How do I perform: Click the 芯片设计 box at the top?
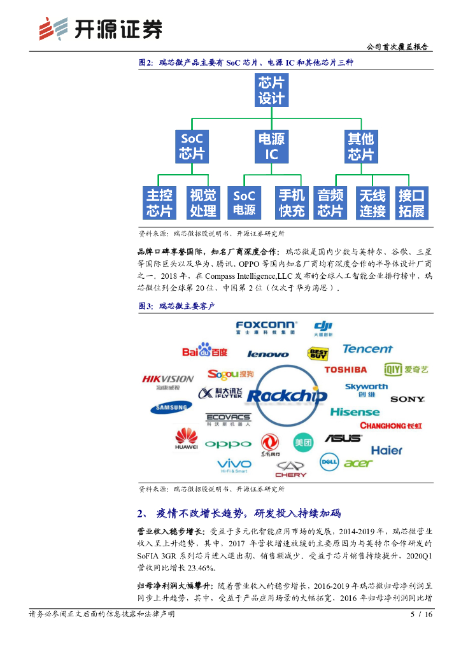[271, 90]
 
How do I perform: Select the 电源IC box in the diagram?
[271, 146]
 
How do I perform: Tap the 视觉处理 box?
[203, 203]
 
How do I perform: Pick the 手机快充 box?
[292, 203]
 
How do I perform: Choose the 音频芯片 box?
[330, 203]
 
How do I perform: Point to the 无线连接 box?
[372, 203]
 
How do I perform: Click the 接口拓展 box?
[411, 203]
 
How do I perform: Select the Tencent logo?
[367, 349]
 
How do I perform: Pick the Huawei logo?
[186, 439]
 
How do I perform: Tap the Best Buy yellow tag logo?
[318, 353]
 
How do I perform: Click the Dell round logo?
[329, 460]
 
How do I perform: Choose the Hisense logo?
[355, 412]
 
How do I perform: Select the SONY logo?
[408, 399]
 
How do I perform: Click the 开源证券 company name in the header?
[118, 29]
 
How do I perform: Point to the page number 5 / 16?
[421, 614]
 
